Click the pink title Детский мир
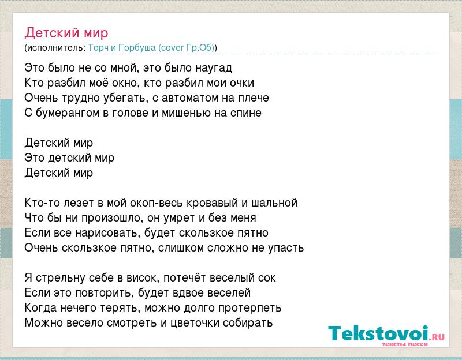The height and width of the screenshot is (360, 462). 66,33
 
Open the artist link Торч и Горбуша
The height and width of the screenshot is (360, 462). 122,48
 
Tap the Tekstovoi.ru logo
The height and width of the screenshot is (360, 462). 386,336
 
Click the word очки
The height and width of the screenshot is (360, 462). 242,83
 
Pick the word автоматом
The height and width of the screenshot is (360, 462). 191,97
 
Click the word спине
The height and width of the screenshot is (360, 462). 246,112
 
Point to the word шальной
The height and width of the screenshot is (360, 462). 274,203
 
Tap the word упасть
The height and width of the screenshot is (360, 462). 286,248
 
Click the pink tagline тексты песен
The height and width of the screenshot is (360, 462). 405,344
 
